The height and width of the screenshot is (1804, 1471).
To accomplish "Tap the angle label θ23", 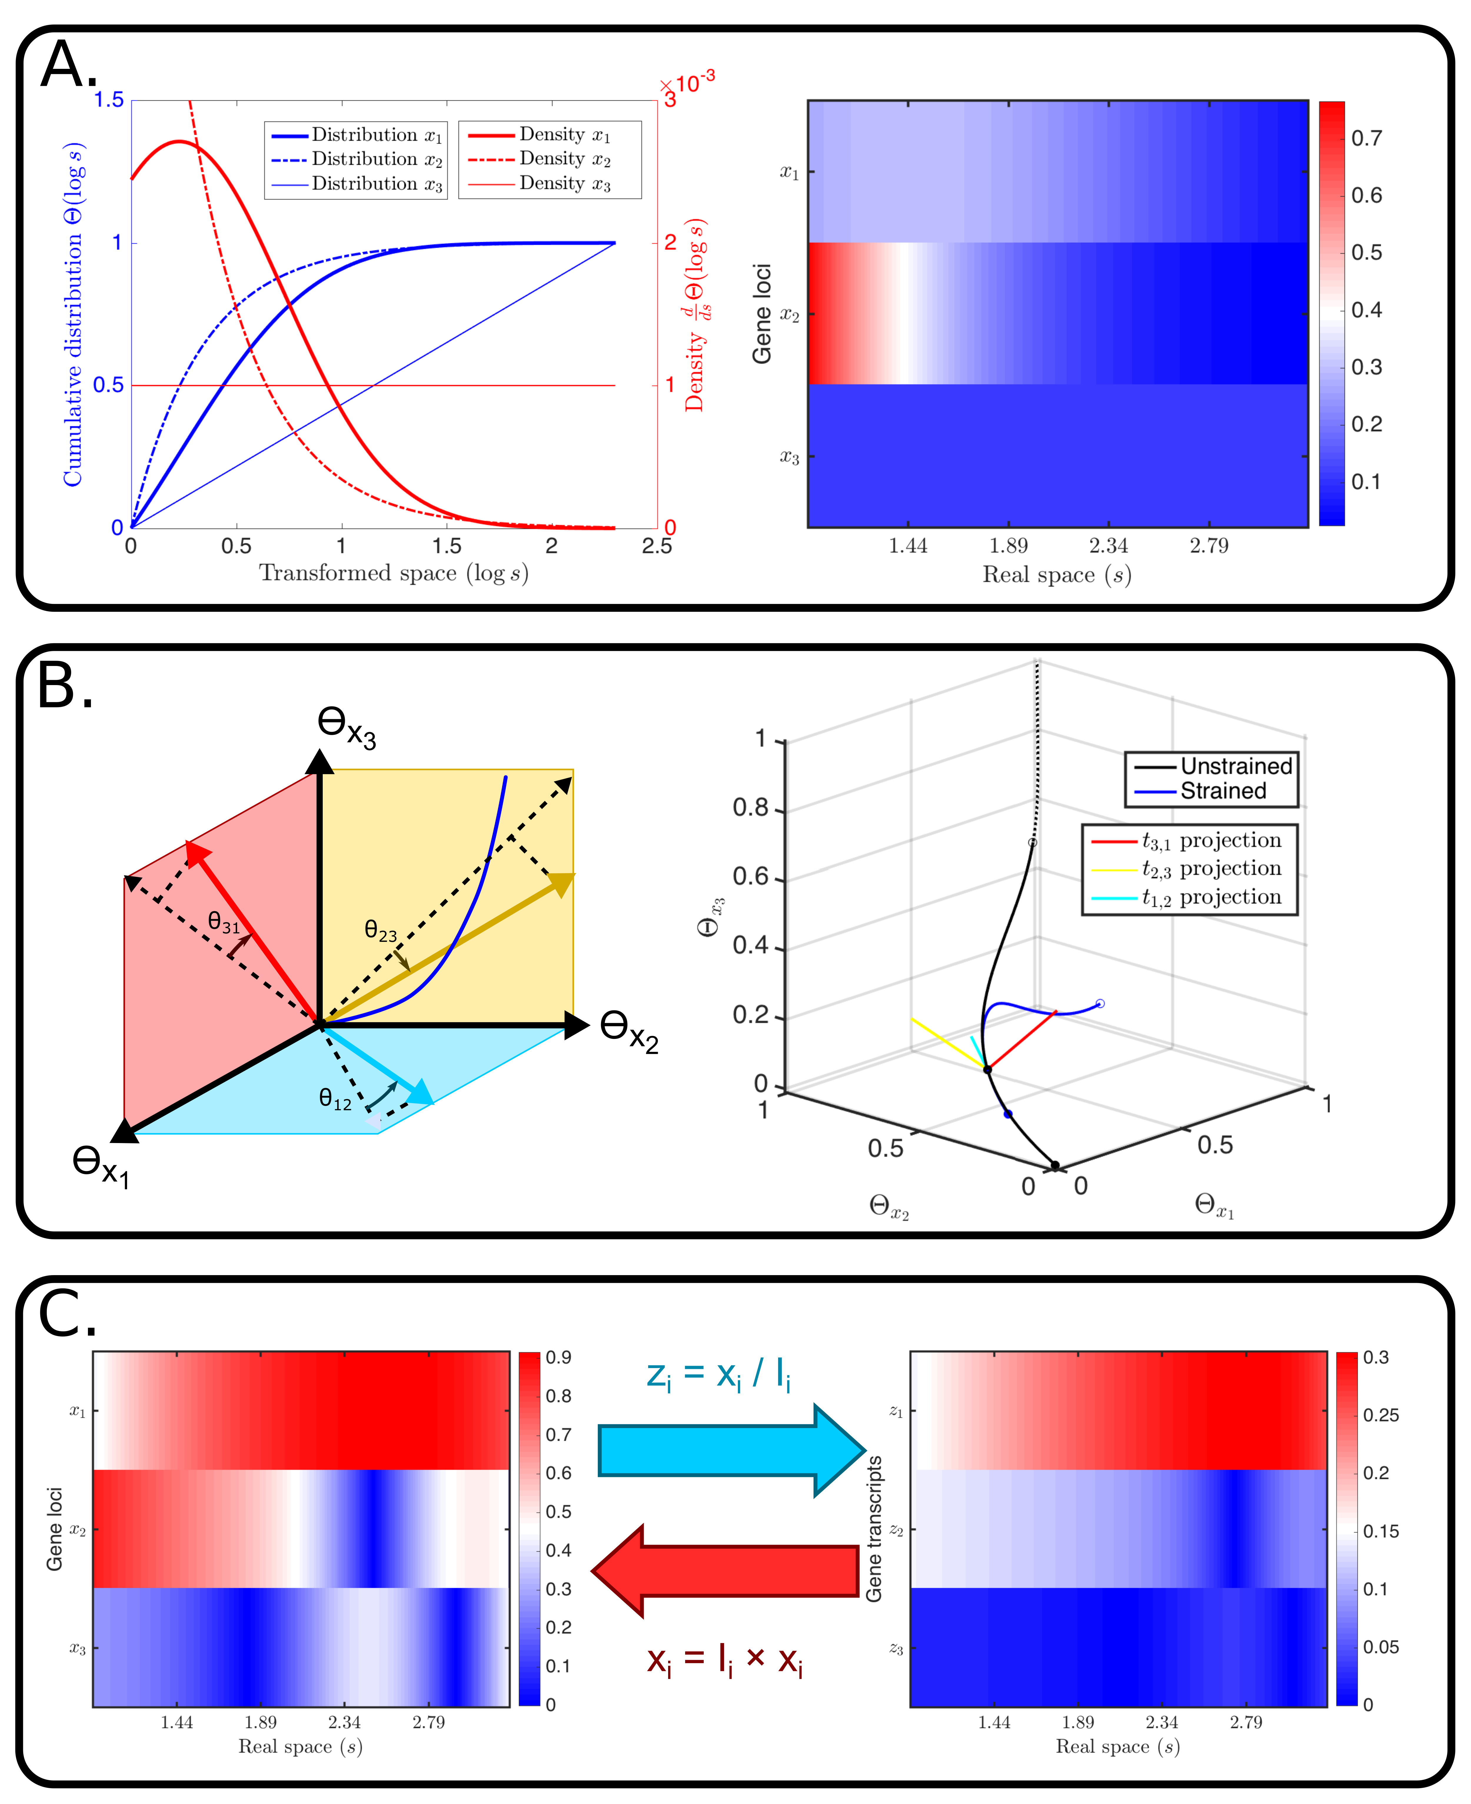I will coord(380,930).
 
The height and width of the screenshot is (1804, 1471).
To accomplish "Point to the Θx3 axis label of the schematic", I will coord(346,726).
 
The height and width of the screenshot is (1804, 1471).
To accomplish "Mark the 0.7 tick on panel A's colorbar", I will coord(1366,138).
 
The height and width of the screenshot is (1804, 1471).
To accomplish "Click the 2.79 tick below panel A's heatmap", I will coord(1208,546).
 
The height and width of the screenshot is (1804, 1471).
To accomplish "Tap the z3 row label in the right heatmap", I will coord(896,1648).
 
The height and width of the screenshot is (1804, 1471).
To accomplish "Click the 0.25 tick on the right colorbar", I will coord(1380,1415).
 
